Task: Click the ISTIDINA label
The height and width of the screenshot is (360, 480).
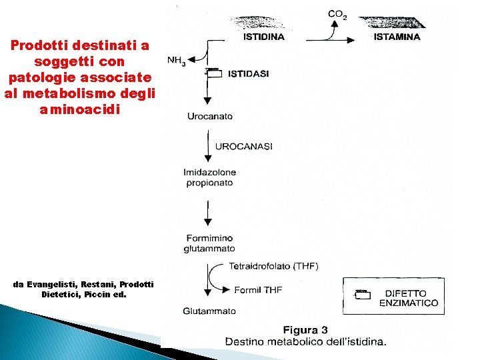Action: (263, 37)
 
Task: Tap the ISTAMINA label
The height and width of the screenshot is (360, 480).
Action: (397, 37)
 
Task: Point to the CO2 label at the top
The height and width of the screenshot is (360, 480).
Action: (337, 14)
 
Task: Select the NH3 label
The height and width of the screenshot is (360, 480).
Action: (177, 61)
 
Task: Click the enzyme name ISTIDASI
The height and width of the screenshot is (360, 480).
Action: (248, 74)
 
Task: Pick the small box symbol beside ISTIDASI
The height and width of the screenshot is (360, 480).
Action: (213, 73)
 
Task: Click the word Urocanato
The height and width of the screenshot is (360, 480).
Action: (210, 116)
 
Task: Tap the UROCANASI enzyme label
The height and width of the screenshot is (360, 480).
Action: (244, 146)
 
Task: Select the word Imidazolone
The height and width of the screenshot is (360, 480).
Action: (209, 172)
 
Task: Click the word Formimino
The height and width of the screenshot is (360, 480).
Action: (209, 238)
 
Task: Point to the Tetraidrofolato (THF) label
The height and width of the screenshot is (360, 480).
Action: (273, 266)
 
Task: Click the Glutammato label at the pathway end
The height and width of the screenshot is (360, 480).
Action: (209, 311)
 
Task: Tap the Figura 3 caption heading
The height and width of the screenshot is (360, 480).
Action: (305, 330)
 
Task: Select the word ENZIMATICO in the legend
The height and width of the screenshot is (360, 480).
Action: (409, 303)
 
